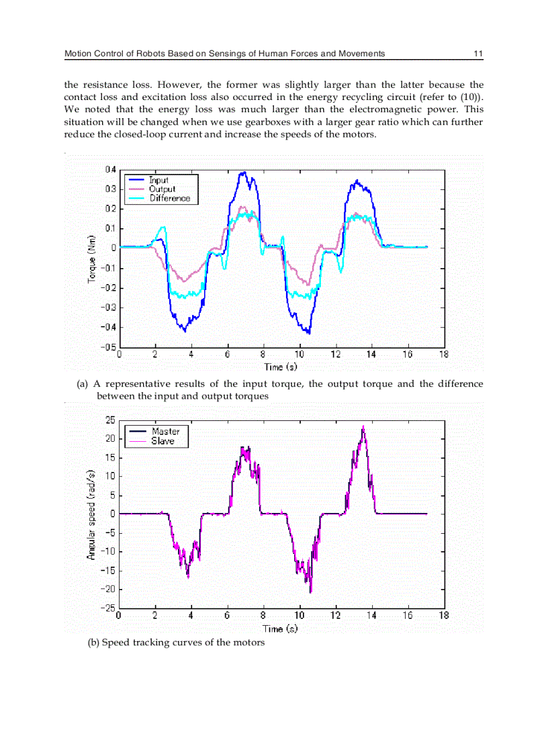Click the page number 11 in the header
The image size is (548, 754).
[x=478, y=53]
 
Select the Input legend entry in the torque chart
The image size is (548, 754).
[x=158, y=180]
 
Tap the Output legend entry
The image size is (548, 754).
[x=162, y=189]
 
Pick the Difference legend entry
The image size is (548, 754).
[x=169, y=198]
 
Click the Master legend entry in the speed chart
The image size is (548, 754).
[x=165, y=431]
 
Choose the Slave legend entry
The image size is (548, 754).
[x=163, y=441]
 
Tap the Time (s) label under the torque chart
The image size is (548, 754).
[x=281, y=367]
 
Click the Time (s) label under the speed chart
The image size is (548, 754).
[x=281, y=628]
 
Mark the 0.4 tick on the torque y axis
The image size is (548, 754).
[x=109, y=169]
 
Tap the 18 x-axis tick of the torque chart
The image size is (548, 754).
[x=443, y=355]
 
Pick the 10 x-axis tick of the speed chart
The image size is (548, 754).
[x=299, y=615]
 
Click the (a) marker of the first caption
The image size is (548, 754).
[x=83, y=384]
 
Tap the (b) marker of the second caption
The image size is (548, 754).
[x=93, y=643]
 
